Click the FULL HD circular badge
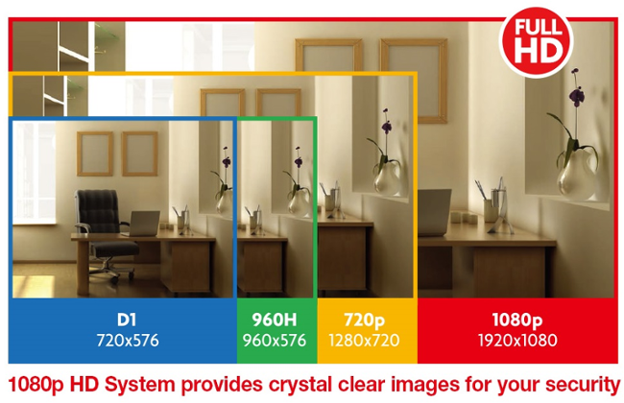coord(536,41)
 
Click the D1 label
coord(127,320)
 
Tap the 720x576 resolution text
coord(128,341)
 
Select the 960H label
coord(275,320)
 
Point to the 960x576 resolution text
coord(275,341)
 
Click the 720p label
coord(364,320)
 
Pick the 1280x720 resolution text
coord(364,341)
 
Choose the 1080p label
coord(516,320)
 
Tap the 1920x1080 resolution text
coord(517,341)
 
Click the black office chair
coord(104,234)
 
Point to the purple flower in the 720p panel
coord(386,126)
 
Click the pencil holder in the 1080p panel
coord(492,210)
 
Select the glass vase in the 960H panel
coord(299,202)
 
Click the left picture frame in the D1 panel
coord(95,154)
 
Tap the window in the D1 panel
coord(35,172)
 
